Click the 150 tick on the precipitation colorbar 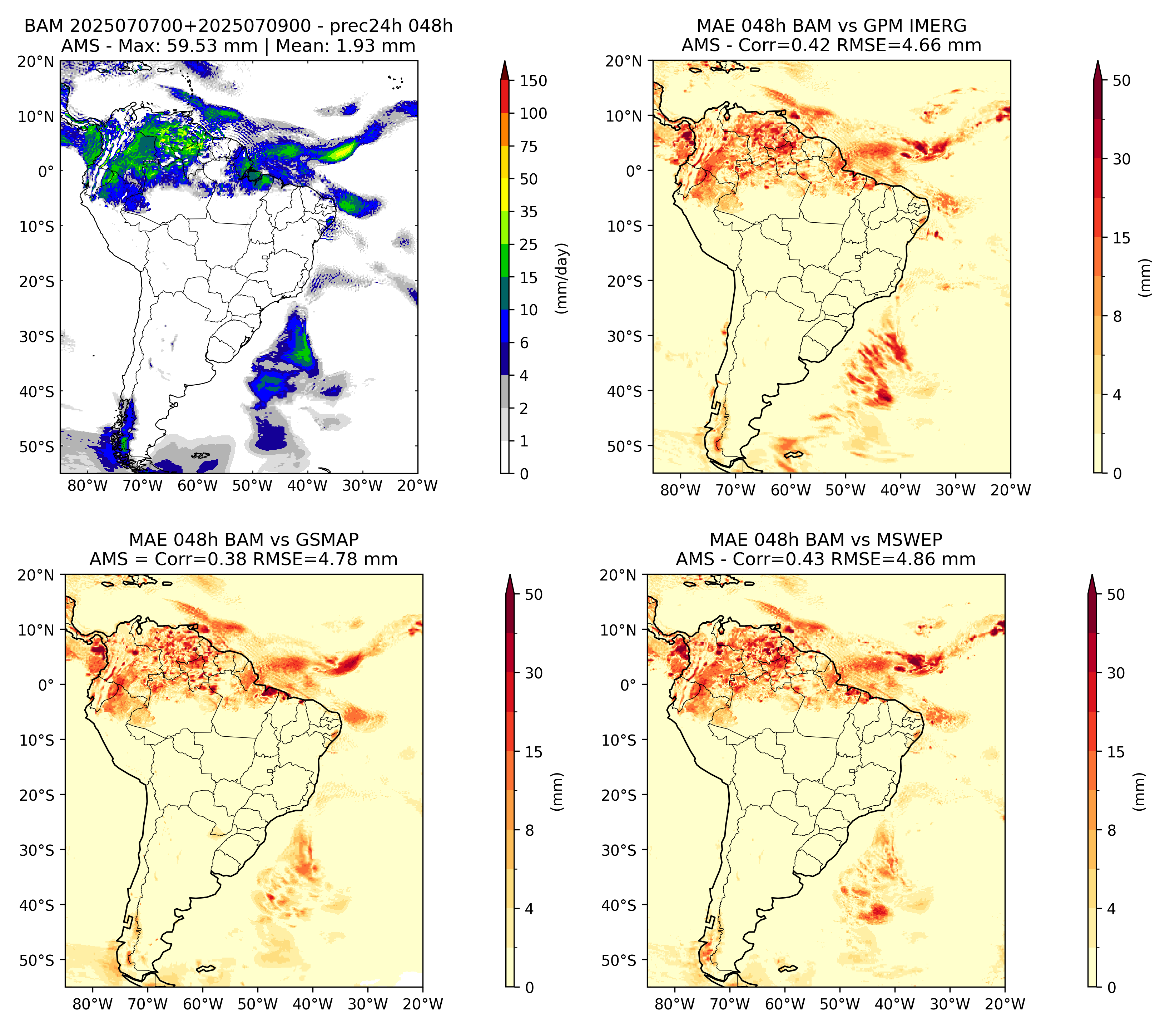tap(533, 81)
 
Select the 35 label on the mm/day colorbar tap(528, 212)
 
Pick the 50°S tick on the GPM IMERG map tap(625, 446)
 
